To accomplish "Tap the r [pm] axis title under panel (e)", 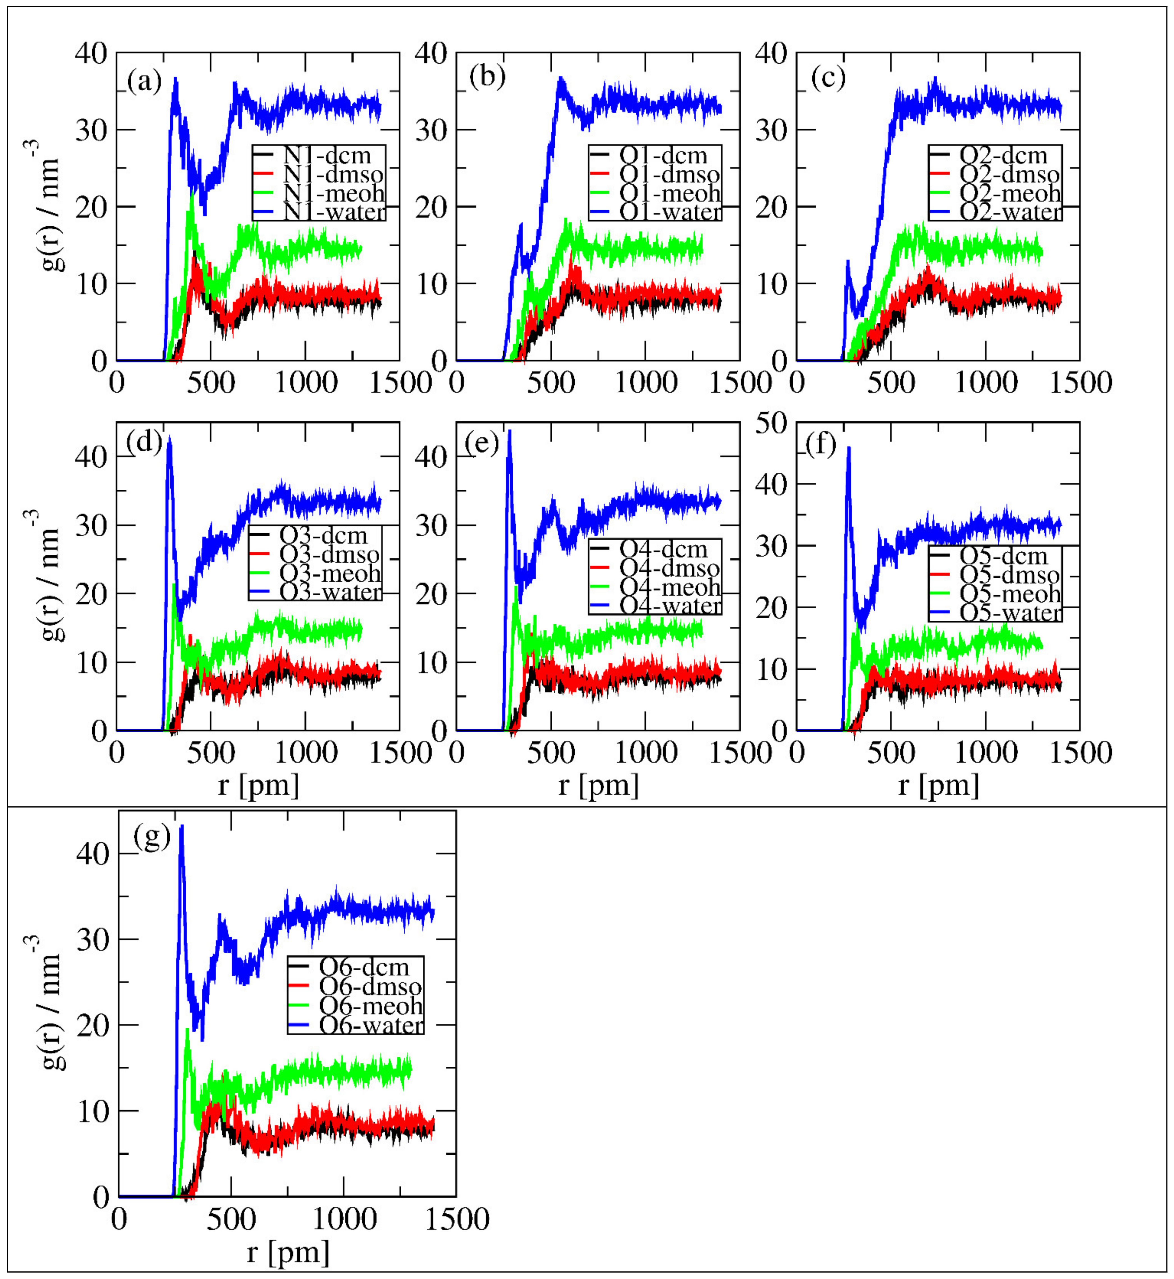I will pos(599,786).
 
